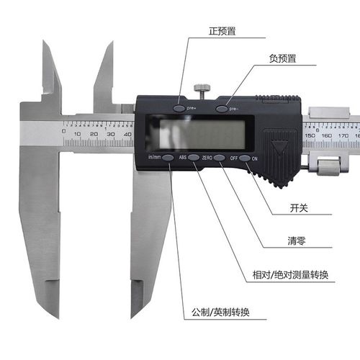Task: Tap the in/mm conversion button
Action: [167, 157]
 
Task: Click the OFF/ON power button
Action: [245, 158]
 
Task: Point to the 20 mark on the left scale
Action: [94, 134]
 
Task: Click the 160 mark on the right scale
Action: [326, 135]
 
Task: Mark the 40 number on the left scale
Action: [127, 134]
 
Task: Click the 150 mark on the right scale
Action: [310, 135]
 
